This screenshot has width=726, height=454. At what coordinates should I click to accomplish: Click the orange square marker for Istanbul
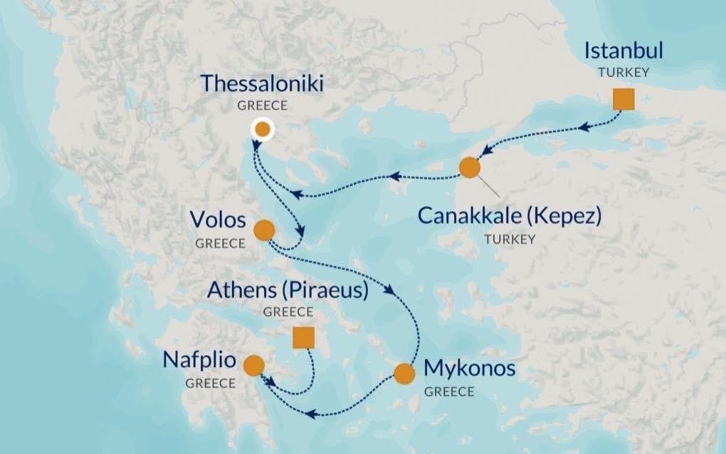click(624, 100)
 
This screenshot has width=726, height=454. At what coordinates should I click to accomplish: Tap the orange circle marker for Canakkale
click(470, 167)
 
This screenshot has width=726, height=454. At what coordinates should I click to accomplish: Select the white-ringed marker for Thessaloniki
click(263, 129)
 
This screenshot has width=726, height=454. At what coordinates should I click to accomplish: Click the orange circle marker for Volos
click(263, 229)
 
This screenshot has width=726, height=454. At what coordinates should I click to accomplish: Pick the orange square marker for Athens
click(304, 338)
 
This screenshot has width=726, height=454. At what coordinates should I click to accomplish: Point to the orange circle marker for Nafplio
click(253, 366)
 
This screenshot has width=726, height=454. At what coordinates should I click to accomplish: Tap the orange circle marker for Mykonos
click(404, 374)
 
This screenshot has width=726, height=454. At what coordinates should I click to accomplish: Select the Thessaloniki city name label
click(262, 84)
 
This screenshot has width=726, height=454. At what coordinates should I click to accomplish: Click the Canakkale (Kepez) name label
click(510, 216)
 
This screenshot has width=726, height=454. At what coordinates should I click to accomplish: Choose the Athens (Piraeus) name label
click(288, 290)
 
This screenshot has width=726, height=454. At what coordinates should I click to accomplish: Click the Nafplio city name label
click(199, 360)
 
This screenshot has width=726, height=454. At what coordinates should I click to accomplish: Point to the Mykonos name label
click(468, 369)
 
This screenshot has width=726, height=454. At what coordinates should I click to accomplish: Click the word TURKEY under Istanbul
click(624, 73)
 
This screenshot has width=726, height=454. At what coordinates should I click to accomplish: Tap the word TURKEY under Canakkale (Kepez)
click(510, 239)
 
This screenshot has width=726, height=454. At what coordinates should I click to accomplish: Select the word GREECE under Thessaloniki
click(263, 105)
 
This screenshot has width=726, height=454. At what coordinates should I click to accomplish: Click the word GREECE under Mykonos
click(449, 392)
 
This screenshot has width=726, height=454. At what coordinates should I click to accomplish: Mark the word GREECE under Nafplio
click(211, 383)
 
